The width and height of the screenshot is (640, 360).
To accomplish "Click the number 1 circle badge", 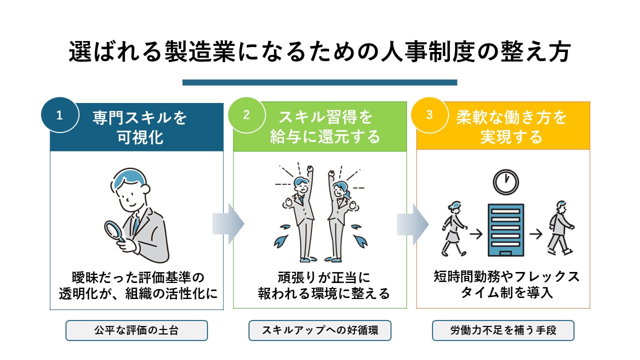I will coord(59,115).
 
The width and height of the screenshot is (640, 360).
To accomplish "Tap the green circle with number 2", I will coord(246,115).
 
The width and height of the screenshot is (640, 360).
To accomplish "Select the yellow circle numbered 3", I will coord(429,115).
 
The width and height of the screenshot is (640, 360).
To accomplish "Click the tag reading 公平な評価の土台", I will coord(136,330).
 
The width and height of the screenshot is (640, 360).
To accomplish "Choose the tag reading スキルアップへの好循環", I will coord(320,330).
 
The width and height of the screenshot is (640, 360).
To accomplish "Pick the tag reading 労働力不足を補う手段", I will coord(503,330).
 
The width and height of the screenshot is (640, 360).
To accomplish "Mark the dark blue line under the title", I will coord(320,82).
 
